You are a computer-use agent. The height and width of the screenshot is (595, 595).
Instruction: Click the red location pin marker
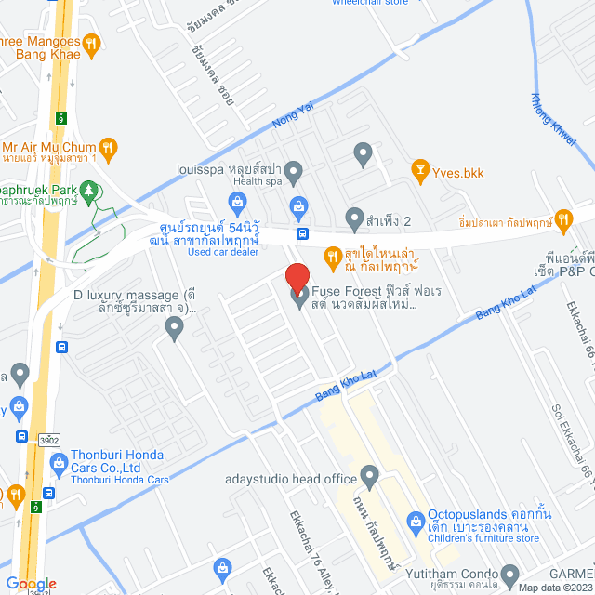click(297, 278)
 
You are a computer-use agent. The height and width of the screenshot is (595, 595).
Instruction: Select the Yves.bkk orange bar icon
click(418, 170)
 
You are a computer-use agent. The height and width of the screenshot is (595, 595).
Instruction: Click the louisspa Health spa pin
click(294, 170)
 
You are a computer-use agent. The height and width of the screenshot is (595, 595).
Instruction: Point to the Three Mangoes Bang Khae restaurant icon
click(91, 43)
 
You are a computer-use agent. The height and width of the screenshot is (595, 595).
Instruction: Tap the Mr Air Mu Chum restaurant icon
click(109, 146)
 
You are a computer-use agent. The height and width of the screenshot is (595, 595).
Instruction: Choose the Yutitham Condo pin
click(509, 574)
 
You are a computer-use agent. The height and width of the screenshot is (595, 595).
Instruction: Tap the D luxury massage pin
click(174, 326)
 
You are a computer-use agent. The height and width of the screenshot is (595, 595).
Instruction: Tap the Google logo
click(31, 584)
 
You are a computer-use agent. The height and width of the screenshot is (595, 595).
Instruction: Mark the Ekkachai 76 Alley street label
click(302, 558)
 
